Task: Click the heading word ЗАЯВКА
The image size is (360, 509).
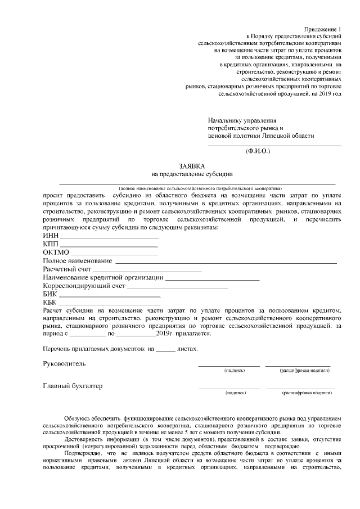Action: click(x=192, y=166)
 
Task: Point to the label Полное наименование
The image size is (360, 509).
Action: click(x=78, y=262)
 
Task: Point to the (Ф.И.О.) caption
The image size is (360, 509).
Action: click(x=258, y=151)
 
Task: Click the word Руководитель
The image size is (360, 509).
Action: click(x=65, y=363)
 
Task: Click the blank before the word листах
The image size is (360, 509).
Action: click(x=165, y=350)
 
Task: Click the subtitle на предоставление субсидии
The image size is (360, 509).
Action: click(x=192, y=175)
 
